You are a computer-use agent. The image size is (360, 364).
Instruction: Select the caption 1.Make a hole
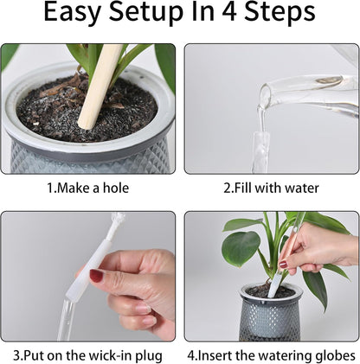(90, 188)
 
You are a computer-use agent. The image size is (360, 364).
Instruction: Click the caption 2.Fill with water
(271, 188)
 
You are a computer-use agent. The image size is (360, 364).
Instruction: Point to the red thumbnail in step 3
(96, 276)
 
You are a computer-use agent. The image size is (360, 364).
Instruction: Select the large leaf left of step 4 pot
(241, 248)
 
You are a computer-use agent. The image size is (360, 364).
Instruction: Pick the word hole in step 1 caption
(119, 188)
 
